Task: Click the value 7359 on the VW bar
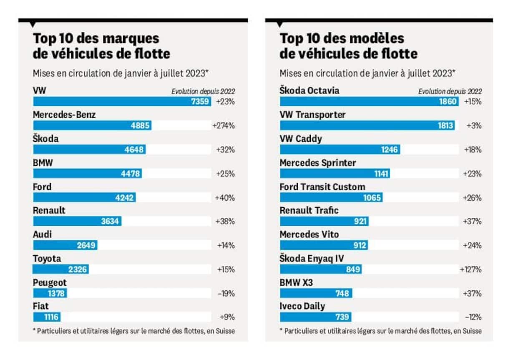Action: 200,101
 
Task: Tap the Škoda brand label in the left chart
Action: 46,139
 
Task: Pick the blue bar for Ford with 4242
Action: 84,198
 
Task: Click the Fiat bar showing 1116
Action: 46,317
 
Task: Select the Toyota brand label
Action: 47,259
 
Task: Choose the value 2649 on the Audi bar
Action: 86,246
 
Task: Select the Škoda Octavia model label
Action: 309,91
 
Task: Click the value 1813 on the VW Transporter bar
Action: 444,126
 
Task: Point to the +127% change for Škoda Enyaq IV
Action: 471,269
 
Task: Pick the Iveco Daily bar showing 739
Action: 315,317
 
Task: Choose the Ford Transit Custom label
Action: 322,186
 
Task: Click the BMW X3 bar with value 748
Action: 316,294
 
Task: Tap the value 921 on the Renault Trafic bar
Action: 360,222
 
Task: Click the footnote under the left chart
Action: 133,331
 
